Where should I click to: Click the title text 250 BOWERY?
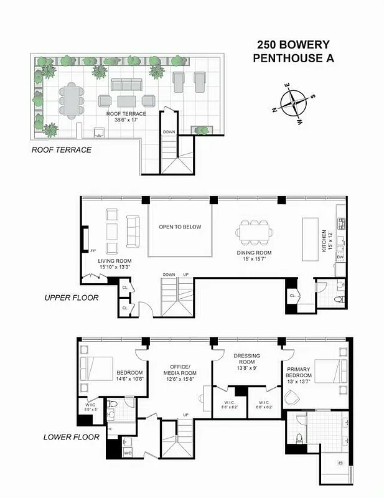click(293, 45)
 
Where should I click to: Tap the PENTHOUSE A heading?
click(293, 59)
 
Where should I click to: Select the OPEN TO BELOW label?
click(180, 227)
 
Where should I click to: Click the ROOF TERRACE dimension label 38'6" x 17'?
click(126, 121)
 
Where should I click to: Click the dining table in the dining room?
click(253, 233)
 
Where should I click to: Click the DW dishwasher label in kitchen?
click(340, 257)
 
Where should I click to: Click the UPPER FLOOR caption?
click(72, 298)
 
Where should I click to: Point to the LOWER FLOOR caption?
click(71, 437)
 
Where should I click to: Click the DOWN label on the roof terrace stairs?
click(169, 132)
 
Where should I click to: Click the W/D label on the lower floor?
click(128, 453)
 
